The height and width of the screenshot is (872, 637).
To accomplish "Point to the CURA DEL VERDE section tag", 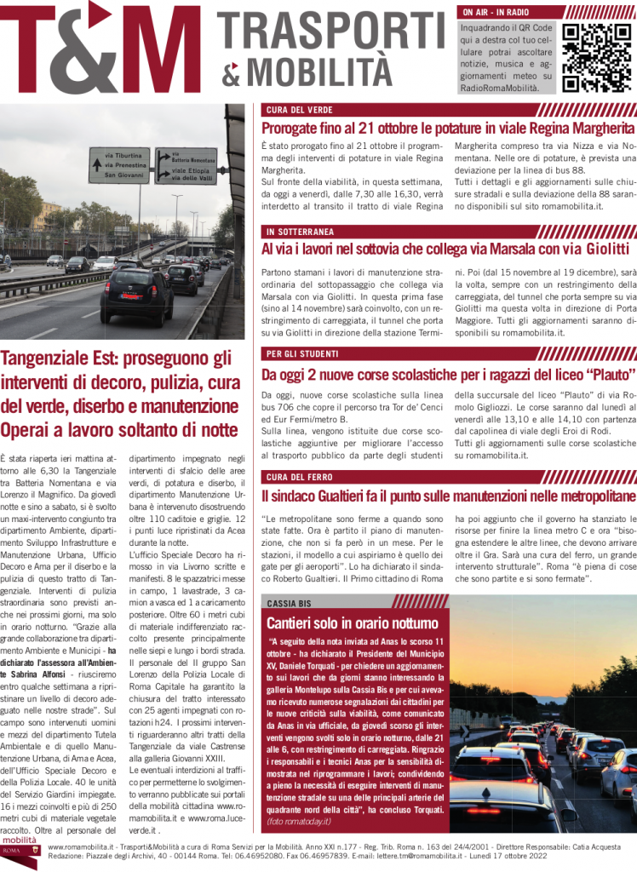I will pos(299,110).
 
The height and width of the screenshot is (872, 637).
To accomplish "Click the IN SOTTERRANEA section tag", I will pos(300,231).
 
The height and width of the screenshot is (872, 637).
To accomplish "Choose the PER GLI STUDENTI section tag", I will pos(303,353).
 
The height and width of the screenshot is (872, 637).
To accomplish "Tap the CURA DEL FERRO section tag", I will pos(299,476).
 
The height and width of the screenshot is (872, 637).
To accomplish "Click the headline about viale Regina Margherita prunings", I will pos(448,128).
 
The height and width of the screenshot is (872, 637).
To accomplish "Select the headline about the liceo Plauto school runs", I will pos(448,374).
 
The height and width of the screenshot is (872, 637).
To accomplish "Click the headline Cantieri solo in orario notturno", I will pos(353,622).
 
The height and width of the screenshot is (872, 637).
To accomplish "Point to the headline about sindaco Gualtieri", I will pos(448,496).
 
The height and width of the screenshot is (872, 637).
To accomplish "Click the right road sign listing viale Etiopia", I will pos(185,165).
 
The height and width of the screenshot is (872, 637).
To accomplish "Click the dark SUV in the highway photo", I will pos(136,294).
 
